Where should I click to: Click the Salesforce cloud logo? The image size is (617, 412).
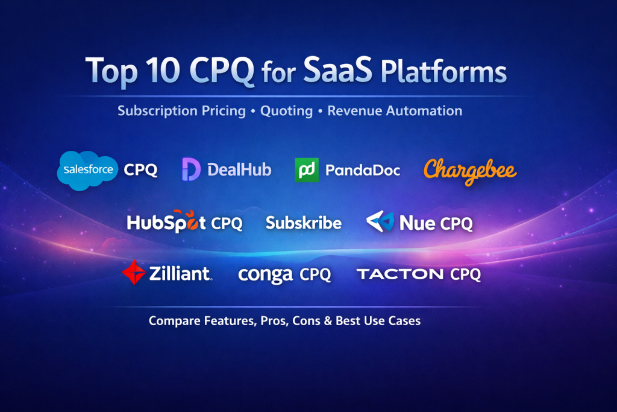[x=87, y=170]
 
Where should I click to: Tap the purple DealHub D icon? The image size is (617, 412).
[x=191, y=170]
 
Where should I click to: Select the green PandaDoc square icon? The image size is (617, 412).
[x=307, y=170]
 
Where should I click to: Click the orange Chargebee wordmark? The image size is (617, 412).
[x=470, y=171]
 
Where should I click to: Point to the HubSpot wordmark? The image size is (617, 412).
[x=166, y=221]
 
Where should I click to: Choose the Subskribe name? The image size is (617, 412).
[x=304, y=223]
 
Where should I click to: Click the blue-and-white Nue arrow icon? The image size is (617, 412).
[x=380, y=221]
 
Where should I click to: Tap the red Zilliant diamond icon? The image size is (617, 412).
[x=134, y=272]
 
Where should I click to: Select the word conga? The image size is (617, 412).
[x=265, y=274]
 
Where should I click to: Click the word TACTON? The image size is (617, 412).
[x=400, y=274]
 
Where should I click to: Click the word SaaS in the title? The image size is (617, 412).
[x=337, y=69]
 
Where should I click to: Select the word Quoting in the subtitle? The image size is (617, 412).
[x=286, y=111]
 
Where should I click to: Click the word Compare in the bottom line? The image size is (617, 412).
[x=175, y=321]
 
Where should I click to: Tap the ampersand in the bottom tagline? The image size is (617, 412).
[x=328, y=321]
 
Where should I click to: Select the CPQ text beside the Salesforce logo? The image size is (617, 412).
[x=140, y=170]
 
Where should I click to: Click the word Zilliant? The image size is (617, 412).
[x=180, y=273]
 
